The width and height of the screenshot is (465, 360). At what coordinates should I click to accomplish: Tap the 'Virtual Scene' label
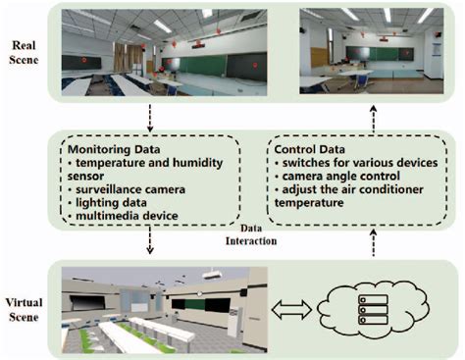[27, 305]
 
